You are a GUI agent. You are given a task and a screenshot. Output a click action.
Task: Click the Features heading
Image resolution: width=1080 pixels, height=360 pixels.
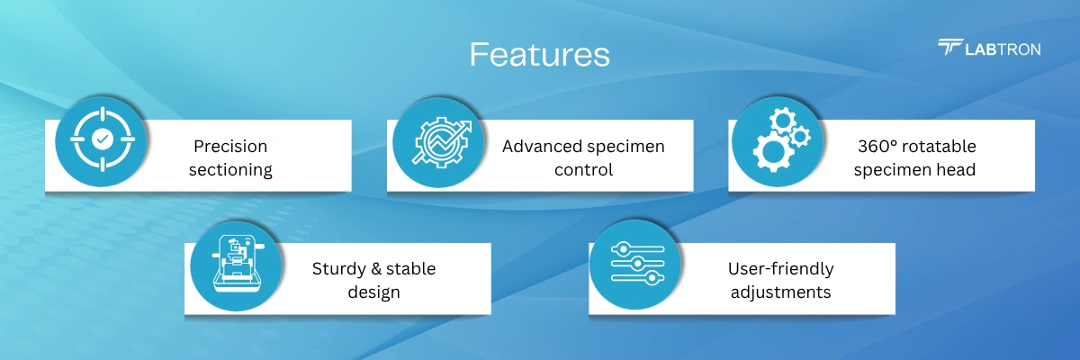539,55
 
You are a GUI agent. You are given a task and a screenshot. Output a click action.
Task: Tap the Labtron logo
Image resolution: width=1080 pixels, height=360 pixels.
989,49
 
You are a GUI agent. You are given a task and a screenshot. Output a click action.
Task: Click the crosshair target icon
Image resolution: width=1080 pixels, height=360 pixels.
103,139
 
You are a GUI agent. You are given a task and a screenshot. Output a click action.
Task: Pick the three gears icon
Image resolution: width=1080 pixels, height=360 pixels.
781,139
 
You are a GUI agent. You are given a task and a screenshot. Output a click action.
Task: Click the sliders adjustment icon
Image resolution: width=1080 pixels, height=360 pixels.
637,264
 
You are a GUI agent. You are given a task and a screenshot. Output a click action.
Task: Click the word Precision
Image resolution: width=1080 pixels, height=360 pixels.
230,146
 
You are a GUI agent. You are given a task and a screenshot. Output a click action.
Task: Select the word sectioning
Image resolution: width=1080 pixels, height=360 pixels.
230,170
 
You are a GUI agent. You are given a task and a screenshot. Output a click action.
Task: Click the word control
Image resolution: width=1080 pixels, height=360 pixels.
583,169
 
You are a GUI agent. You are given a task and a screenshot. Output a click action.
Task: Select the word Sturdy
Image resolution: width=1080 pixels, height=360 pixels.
339,269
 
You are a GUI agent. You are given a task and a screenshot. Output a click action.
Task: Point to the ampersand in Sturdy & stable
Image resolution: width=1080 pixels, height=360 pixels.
376,268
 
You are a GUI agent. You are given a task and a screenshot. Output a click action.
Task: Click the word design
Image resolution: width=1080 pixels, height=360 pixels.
374,292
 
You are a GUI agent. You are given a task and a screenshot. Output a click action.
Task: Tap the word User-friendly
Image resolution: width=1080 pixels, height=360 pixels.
780,269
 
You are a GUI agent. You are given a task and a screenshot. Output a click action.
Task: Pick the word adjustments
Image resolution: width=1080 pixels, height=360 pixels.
780,292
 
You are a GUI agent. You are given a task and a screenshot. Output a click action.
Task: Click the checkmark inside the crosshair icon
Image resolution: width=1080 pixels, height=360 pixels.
103,139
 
